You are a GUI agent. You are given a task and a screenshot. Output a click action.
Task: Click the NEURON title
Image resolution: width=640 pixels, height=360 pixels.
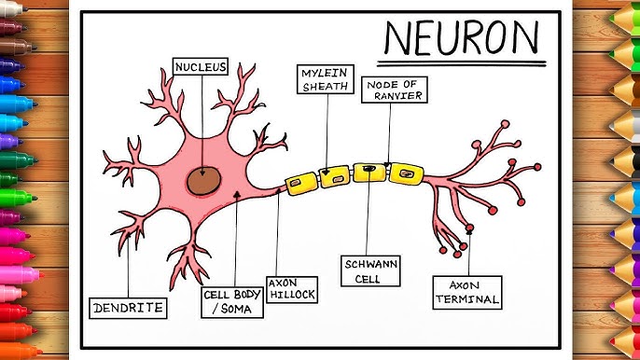click(463, 38)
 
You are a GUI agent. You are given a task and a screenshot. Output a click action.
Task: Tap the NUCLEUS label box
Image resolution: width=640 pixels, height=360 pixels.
click(201, 67)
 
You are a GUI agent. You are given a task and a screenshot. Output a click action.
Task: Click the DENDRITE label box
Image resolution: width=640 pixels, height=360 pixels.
click(128, 307)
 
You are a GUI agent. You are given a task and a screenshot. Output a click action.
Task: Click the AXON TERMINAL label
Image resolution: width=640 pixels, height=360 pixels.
click(467, 293)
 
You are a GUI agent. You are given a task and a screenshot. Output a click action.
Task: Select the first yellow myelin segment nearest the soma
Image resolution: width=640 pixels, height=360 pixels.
click(304, 180)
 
